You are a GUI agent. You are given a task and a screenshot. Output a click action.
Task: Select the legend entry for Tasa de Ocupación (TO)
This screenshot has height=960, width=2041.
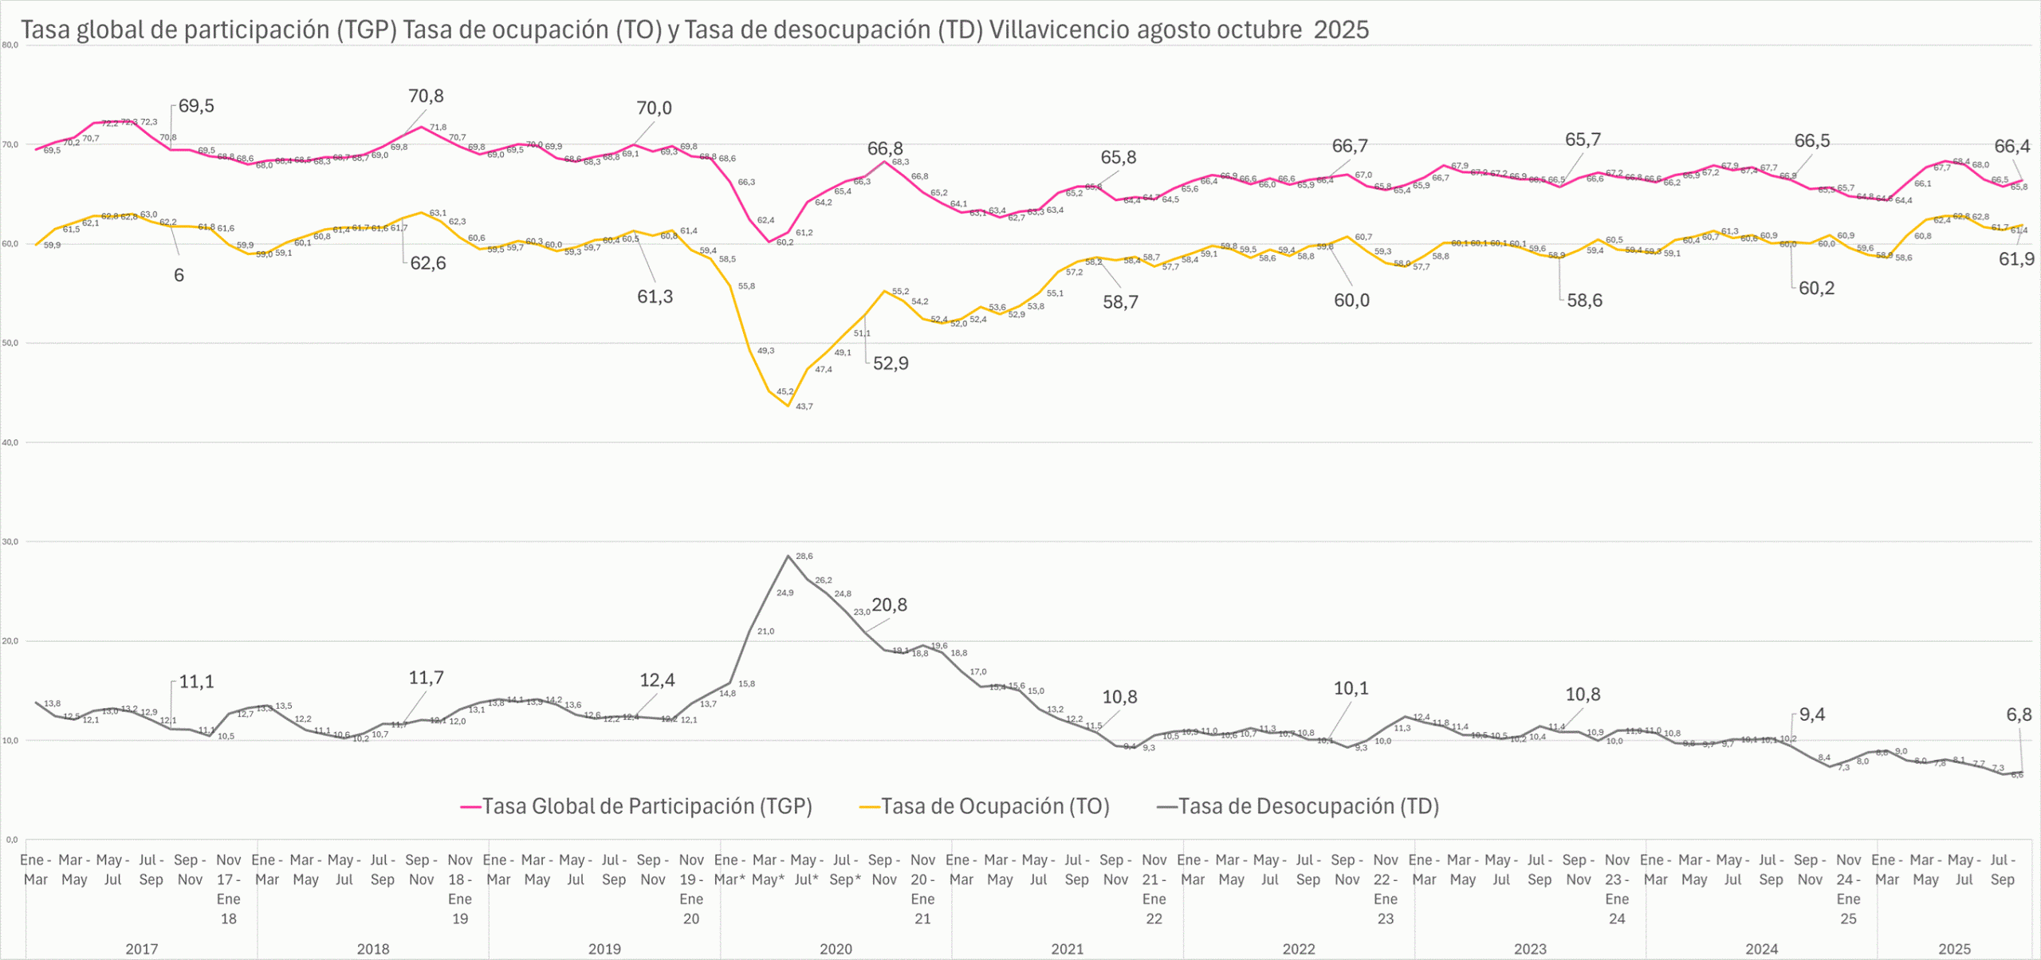point(995,806)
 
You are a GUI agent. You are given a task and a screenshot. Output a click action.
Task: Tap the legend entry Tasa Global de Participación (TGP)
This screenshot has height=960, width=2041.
point(647,806)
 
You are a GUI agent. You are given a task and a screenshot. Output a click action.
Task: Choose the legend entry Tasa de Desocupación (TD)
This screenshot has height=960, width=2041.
point(1308,806)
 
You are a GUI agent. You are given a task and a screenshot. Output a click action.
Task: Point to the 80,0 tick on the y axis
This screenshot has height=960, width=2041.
point(10,45)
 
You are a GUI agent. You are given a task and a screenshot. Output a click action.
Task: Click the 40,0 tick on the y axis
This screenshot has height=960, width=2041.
point(10,443)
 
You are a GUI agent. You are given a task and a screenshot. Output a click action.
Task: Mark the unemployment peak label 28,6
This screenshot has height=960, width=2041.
point(804,557)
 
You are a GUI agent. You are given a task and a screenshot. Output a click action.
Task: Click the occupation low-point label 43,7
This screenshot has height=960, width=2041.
point(804,407)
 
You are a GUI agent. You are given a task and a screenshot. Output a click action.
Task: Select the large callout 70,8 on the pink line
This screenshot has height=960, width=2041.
point(426,96)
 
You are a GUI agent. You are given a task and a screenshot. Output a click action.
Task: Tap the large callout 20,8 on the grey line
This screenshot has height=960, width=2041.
point(889,605)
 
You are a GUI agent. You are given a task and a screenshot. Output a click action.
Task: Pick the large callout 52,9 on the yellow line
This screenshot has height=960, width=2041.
point(891,364)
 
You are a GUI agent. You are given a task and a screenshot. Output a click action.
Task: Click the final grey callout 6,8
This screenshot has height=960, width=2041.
point(2019,714)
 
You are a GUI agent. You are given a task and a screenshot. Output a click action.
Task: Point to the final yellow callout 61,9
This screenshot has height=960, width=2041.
point(2016,259)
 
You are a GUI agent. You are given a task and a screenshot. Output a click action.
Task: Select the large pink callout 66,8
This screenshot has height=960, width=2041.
point(885,149)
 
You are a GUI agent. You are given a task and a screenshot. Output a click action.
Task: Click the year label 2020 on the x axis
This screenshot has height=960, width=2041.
point(836,949)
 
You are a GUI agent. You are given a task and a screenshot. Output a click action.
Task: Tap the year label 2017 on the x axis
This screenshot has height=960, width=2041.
point(142,949)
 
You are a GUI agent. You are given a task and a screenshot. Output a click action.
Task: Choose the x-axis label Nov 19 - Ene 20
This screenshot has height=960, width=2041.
point(691,889)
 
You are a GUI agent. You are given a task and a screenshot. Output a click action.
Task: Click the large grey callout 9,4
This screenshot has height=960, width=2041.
point(1812,714)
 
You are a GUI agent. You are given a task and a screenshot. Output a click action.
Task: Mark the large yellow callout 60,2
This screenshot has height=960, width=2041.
point(1816,289)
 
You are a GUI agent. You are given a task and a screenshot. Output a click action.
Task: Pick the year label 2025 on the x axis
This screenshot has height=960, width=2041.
point(1954,949)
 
